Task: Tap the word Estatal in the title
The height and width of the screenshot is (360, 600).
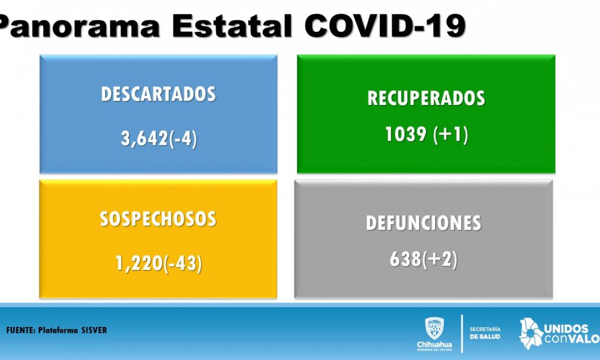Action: pyautogui.click(x=232, y=26)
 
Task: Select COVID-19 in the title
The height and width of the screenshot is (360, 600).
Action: pyautogui.click(x=385, y=26)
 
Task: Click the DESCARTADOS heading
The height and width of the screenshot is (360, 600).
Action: pyautogui.click(x=158, y=94)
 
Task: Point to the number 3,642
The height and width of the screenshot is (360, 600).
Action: pyautogui.click(x=145, y=138)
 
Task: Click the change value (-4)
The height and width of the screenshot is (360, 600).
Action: pyautogui.click(x=183, y=139)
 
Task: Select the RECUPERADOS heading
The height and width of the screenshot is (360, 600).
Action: pyautogui.click(x=426, y=98)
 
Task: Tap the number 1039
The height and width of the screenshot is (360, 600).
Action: pyautogui.click(x=406, y=134)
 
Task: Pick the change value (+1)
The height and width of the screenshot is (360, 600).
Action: pyautogui.click(x=451, y=135)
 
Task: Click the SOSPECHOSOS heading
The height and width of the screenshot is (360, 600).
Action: pyautogui.click(x=158, y=219)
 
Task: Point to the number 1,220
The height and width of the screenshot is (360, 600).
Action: pyautogui.click(x=140, y=263)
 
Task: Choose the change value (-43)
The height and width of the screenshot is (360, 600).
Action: pyautogui.click(x=183, y=263)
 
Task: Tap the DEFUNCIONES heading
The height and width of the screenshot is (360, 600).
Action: pyautogui.click(x=424, y=223)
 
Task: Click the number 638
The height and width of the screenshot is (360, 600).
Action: pyautogui.click(x=406, y=259)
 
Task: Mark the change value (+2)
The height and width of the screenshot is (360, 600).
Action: pyautogui.click(x=440, y=259)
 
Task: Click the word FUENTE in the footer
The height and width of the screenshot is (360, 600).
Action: pyautogui.click(x=20, y=330)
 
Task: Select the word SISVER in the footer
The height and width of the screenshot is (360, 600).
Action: pyautogui.click(x=94, y=330)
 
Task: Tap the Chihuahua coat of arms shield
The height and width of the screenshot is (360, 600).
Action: pyautogui.click(x=434, y=328)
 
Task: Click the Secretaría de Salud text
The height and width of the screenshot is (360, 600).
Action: pyautogui.click(x=485, y=333)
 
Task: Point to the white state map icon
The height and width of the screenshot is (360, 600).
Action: pyautogui.click(x=531, y=333)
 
